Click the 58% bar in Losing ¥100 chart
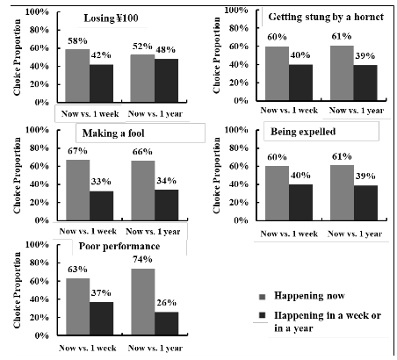coord(77,76)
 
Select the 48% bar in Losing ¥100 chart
coord(166,81)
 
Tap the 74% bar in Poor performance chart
coord(143,302)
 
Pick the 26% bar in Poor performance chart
coord(166,323)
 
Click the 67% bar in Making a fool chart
coord(78,190)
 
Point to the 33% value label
coord(101,182)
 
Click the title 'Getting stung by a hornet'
coord(326,17)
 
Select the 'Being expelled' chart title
coord(303,132)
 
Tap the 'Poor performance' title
coord(119,246)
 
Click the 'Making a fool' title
coord(113,133)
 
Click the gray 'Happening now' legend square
coord(262,297)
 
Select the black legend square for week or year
coord(262,315)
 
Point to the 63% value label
coord(77,269)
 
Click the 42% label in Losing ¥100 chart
coord(101,54)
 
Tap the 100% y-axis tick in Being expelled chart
coord(236,130)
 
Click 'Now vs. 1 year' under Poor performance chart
coord(155,348)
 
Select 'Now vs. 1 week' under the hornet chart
coord(289,111)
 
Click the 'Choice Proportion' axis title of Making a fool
coord(18,176)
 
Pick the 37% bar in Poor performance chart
coord(101,319)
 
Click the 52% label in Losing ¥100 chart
coord(142,47)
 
